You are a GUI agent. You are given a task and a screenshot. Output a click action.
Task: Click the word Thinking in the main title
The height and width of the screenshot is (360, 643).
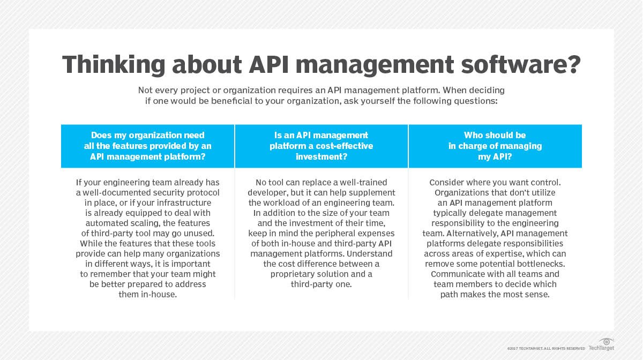[114, 65]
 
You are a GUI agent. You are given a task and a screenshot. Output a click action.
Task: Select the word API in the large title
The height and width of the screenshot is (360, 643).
[268, 64]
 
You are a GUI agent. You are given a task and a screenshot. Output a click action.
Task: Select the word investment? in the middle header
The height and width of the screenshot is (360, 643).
[322, 157]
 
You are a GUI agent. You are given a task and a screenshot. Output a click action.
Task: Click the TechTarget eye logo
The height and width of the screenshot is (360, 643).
[606, 342]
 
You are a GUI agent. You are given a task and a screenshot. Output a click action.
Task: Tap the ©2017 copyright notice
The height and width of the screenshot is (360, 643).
[546, 349]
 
